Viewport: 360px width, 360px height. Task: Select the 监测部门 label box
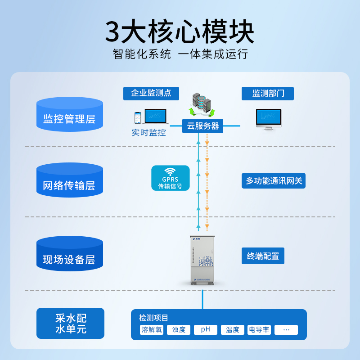pyautogui.click(x=268, y=94)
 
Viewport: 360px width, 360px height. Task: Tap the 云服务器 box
pyautogui.click(x=203, y=126)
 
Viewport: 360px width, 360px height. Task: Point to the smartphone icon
pyautogui.click(x=137, y=118)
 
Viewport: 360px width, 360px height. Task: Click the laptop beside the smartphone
pyautogui.click(x=155, y=117)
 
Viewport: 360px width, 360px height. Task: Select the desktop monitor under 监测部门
pyautogui.click(x=269, y=119)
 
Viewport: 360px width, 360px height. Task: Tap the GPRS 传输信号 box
pyautogui.click(x=170, y=178)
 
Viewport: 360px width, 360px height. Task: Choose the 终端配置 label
pyautogui.click(x=263, y=256)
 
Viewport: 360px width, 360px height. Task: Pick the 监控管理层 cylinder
pyautogui.click(x=69, y=115)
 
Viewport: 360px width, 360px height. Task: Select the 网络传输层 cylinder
pyautogui.click(x=69, y=181)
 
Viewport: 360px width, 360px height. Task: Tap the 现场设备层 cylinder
pyautogui.click(x=69, y=255)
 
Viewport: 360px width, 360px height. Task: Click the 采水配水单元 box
pyautogui.click(x=70, y=324)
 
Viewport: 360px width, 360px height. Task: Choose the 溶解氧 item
pyautogui.click(x=152, y=330)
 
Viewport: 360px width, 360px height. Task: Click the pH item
pyautogui.click(x=206, y=330)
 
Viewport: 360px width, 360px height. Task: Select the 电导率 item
pyautogui.click(x=259, y=330)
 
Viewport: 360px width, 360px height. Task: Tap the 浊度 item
pyautogui.click(x=179, y=330)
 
